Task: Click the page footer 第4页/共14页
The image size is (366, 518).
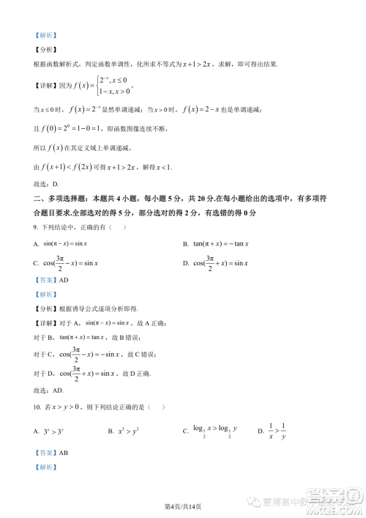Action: (x=183, y=507)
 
